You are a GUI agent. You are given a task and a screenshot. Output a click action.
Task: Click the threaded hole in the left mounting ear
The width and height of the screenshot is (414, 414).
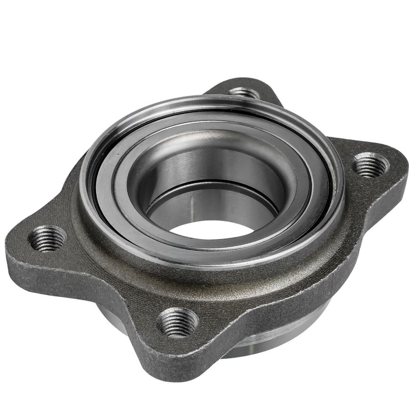pos(48,239)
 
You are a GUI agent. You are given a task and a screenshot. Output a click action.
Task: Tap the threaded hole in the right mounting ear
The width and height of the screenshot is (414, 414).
pos(371,165)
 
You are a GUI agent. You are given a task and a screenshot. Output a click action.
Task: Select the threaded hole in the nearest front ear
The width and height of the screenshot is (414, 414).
pos(177,322)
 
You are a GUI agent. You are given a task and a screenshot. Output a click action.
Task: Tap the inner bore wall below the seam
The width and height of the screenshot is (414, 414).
pos(212,202)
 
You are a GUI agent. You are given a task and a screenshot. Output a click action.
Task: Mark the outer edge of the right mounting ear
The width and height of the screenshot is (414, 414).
pos(405,169)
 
